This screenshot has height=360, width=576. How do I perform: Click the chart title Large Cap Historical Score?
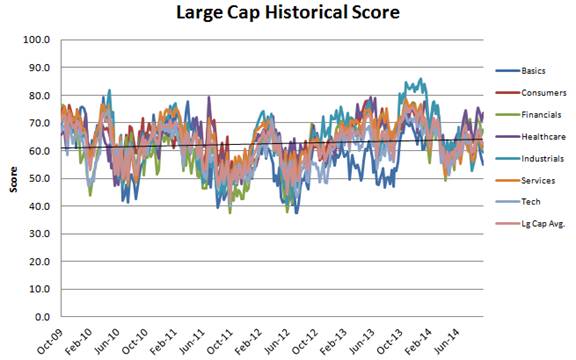click(288, 12)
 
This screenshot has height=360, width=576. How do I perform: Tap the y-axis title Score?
click(14, 179)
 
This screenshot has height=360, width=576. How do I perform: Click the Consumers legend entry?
click(531, 93)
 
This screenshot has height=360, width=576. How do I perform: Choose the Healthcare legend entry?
click(531, 137)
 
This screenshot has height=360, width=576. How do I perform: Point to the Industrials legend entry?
click(530, 159)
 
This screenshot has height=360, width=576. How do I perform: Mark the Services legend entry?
click(525, 180)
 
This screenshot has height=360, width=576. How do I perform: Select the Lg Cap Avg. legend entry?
click(530, 223)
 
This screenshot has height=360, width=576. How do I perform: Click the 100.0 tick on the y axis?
click(37, 39)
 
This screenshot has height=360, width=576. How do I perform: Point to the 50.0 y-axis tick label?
click(39, 178)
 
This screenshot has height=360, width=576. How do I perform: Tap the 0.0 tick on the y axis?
click(42, 317)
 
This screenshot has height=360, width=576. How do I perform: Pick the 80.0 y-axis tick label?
click(39, 95)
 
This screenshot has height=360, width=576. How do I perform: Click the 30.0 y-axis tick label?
click(39, 234)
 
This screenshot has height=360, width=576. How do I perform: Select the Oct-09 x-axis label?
click(50, 341)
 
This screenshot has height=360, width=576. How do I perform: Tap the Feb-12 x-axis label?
click(248, 341)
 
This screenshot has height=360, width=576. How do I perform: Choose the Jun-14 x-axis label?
click(446, 341)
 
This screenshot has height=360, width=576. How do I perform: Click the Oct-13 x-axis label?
click(389, 341)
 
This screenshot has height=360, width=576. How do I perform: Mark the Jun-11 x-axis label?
click(191, 341)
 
